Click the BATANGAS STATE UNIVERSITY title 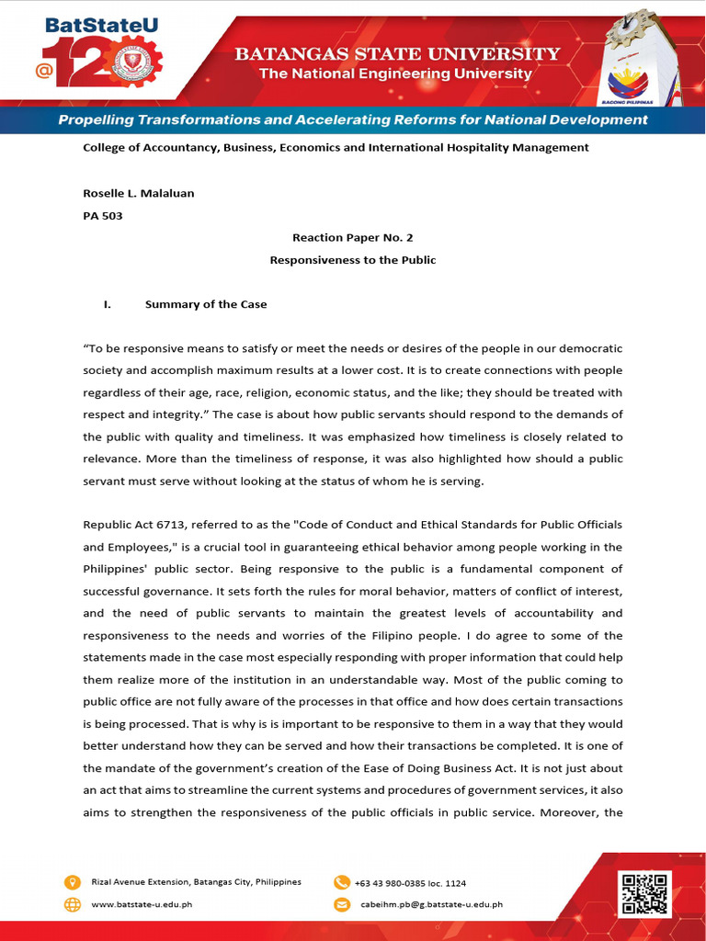tap(396, 54)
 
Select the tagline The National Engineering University tap(395, 74)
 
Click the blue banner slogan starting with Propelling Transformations tap(353, 120)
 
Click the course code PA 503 tap(103, 216)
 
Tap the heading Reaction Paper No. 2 tap(352, 237)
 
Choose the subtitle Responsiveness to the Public tap(352, 260)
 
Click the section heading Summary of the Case tap(206, 304)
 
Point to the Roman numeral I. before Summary tap(107, 304)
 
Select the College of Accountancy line tap(336, 147)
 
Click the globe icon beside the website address tap(73, 904)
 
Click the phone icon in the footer tap(341, 882)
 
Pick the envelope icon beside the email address tap(341, 904)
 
